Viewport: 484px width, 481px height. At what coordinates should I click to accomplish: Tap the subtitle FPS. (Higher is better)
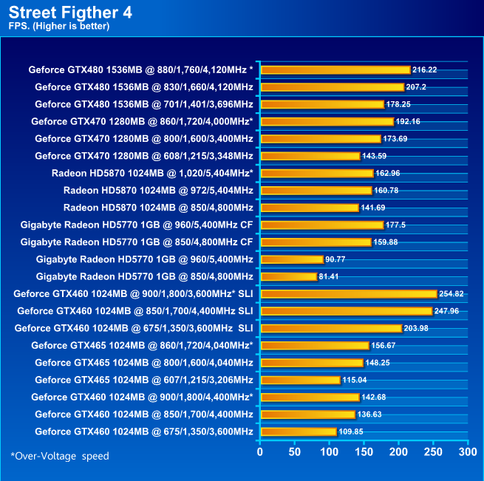tap(59, 27)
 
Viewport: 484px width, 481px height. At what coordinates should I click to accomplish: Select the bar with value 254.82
tap(349, 293)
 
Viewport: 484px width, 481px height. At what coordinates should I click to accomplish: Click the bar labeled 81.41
tap(289, 276)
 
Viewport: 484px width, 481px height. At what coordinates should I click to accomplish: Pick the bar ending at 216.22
tap(335, 70)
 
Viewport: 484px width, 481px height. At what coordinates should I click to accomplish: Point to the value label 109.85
tap(352, 431)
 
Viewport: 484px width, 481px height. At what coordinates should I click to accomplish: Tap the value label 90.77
tap(338, 259)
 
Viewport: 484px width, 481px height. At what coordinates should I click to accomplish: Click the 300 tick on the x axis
tap(467, 451)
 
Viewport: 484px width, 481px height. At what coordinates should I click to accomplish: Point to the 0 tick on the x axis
tap(260, 451)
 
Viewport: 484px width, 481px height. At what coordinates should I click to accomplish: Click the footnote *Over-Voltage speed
tap(60, 456)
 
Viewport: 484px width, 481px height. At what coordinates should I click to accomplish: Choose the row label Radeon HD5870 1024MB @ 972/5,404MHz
tap(158, 191)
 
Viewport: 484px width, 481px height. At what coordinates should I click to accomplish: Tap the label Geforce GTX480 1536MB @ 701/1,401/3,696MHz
tap(144, 104)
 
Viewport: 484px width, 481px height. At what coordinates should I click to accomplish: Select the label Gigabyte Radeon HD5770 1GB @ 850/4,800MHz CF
tap(137, 242)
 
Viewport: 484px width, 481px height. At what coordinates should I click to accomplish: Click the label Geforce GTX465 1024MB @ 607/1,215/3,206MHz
tap(144, 380)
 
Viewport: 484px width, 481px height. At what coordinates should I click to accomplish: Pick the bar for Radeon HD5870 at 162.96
tap(317, 173)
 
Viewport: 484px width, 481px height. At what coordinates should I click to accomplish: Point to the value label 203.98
tap(417, 328)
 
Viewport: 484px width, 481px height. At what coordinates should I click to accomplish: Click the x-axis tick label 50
tap(294, 451)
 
